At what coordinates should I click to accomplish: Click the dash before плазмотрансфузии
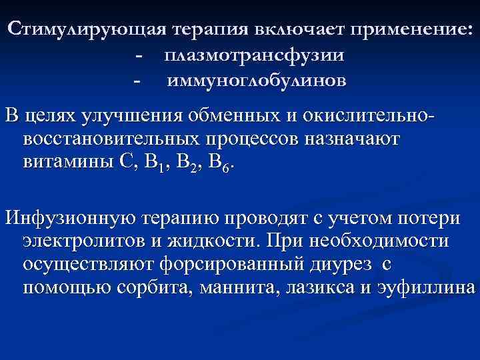click(x=138, y=56)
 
